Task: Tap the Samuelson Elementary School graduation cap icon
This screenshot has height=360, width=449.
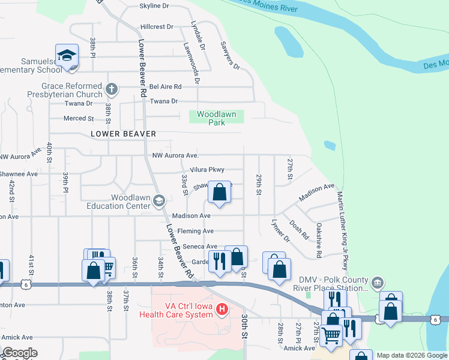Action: coord(67,56)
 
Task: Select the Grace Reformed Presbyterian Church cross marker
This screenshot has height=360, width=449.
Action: coord(111,90)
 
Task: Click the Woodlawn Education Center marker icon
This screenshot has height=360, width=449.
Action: coord(159,200)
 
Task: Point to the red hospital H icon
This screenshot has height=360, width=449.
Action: coord(222,310)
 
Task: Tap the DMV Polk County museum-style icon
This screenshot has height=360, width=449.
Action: coord(377,282)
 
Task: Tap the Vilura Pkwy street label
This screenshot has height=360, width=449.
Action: coord(206,170)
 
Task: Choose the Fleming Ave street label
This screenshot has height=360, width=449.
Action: coord(196,231)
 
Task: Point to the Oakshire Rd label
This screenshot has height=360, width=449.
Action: coord(319,240)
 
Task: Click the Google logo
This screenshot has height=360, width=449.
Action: coord(20,353)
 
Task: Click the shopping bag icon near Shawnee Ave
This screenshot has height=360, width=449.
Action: coord(220,193)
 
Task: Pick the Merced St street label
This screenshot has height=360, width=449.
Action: coord(79,118)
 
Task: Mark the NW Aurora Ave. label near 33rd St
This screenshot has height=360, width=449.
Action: coord(176,156)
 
